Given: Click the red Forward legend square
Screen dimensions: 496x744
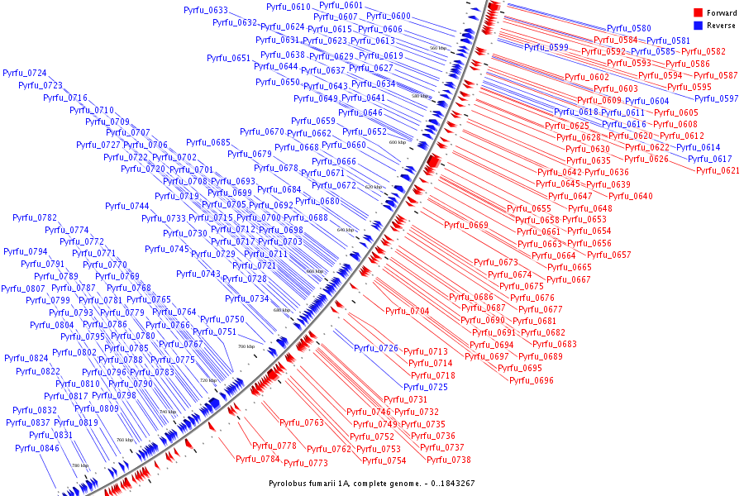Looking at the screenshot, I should pos(698,13).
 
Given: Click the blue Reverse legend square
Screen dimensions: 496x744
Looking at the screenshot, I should pos(698,26).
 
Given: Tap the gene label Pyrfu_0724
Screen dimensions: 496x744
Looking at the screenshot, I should pos(25,74).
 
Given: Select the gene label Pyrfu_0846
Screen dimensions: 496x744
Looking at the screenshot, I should pos(37,448).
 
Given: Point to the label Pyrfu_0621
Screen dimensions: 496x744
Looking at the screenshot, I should pos(718,170).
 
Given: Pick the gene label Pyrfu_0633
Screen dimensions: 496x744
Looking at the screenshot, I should pos(207,11).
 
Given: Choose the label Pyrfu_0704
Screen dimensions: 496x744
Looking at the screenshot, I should pos(408,311).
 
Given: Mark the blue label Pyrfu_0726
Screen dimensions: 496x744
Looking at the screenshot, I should pos(376,348).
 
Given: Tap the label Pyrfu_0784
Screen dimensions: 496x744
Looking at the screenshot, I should pos(258,459).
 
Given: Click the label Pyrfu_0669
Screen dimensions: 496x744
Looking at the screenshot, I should pos(466,225).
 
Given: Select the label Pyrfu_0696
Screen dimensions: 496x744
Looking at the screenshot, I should pos(532,380).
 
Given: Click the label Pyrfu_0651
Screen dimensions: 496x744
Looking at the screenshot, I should pos(228,59).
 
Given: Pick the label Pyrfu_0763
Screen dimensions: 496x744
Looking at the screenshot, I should pos(302,422).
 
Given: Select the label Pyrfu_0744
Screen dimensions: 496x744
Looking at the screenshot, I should pos(127,207).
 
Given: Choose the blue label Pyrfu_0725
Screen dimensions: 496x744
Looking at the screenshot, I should pos(426,387).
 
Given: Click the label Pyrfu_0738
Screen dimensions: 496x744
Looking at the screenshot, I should pos(450,460).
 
